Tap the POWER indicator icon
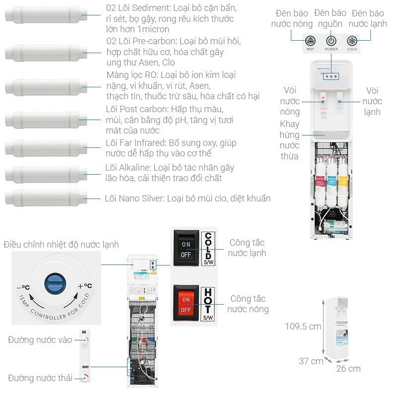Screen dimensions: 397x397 (x=331, y=42)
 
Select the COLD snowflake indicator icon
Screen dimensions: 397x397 (x=352, y=42)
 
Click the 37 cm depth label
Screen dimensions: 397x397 (x=311, y=361)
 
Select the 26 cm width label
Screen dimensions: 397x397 (x=348, y=368)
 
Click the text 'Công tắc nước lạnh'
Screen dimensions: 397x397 (x=247, y=248)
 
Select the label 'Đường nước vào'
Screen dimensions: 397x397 (x=40, y=340)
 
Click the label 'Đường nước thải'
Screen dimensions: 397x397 (x=40, y=378)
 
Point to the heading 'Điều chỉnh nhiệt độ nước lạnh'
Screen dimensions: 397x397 (x=61, y=245)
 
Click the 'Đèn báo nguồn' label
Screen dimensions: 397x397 (x=331, y=18)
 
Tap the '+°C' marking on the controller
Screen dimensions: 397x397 (x=85, y=286)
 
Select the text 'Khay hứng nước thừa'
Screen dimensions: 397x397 (x=289, y=140)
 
